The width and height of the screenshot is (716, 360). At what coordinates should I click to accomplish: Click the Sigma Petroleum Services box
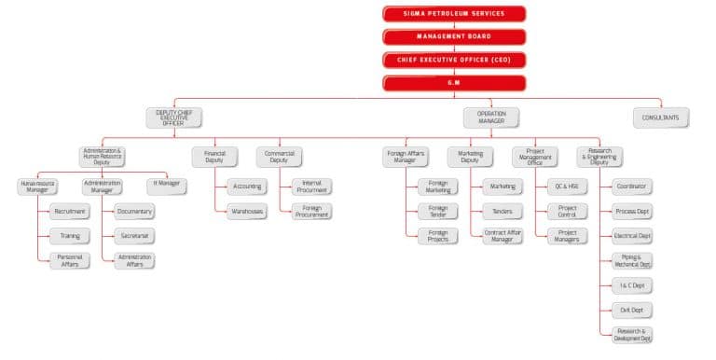coord(453,13)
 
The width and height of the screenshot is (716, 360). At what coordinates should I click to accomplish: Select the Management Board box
coord(453,36)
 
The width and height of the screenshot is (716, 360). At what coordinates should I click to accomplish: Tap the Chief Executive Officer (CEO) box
coord(453,60)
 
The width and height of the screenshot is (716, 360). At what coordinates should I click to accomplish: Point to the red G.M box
coord(453,83)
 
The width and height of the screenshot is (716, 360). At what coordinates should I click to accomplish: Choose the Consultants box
coord(661,118)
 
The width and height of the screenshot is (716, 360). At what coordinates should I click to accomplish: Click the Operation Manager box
coord(490,118)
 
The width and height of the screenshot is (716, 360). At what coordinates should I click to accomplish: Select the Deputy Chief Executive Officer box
coord(174,118)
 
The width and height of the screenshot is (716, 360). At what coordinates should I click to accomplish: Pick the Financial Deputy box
coord(215,156)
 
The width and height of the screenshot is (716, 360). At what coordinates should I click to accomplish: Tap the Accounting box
coord(246,187)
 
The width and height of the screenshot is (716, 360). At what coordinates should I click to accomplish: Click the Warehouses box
coord(246,212)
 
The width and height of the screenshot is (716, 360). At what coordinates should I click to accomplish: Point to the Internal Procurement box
coord(311,187)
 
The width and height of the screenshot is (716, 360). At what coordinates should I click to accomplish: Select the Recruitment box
coord(70,212)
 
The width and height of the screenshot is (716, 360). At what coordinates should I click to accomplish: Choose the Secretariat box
coord(135,236)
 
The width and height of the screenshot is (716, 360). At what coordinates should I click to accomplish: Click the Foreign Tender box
coord(438,212)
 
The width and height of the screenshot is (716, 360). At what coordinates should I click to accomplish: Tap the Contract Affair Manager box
coord(502,236)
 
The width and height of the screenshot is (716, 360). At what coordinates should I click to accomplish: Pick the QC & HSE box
coord(567,187)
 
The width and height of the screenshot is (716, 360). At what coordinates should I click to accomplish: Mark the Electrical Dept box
coord(633,236)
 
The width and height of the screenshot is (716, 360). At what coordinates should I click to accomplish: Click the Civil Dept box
coord(633,310)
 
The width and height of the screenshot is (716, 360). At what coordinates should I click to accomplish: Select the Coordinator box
coord(633,187)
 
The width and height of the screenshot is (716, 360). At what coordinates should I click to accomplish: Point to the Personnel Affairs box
coord(70,260)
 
